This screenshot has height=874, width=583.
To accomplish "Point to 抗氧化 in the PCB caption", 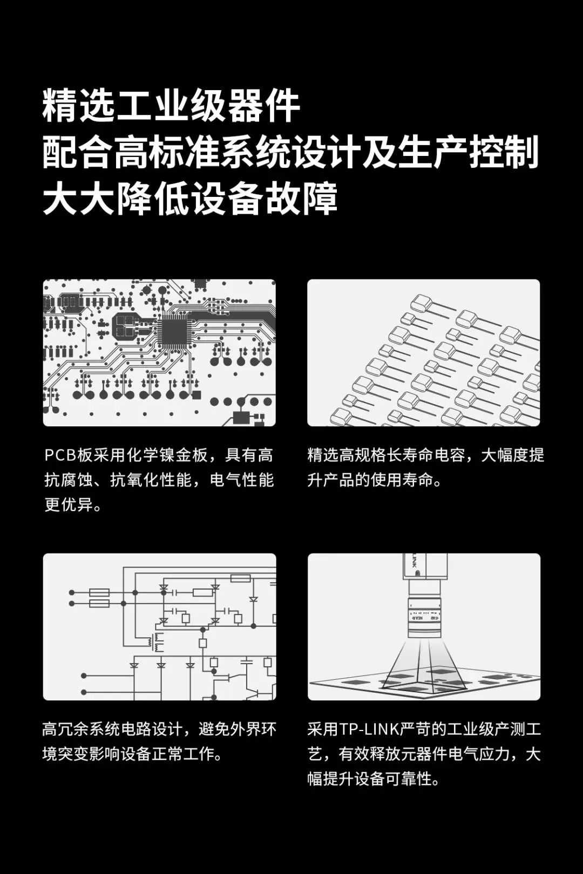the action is [135, 480].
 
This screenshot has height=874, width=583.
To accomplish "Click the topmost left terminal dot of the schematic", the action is [71, 592].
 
